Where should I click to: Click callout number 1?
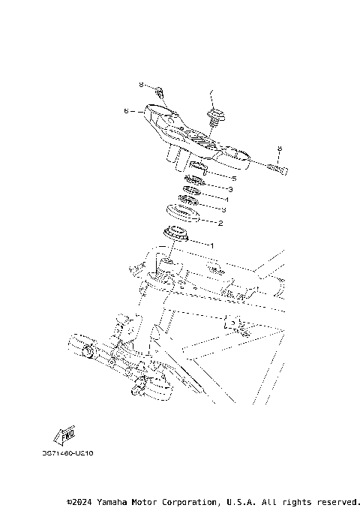(x=211, y=245)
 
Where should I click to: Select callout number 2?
(x=220, y=223)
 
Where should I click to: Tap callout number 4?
(x=226, y=200)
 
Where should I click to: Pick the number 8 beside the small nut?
(x=140, y=85)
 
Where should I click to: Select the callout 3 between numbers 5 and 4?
(x=230, y=190)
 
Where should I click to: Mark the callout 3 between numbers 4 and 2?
(x=223, y=211)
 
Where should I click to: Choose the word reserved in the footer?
(x=338, y=500)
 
